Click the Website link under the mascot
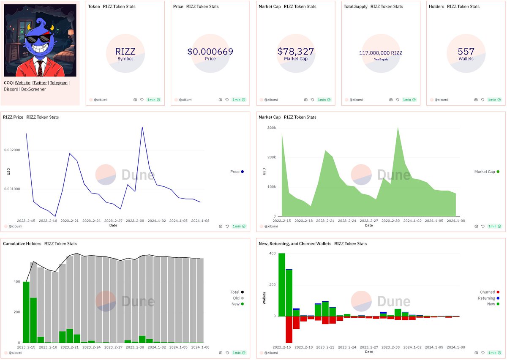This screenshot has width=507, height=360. coord(22,83)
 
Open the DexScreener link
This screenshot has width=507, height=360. coord(33,89)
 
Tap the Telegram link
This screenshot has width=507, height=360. coord(58,83)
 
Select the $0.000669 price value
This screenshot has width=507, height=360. coord(210,52)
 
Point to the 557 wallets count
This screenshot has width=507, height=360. coord(466,52)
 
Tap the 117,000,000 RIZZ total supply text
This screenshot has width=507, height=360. coord(381,53)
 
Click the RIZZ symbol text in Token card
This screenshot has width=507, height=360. coord(125,52)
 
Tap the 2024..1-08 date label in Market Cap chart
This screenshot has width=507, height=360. coord(455,221)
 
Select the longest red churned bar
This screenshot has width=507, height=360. coord(289,329)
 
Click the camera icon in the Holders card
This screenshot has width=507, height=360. coord(476,100)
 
